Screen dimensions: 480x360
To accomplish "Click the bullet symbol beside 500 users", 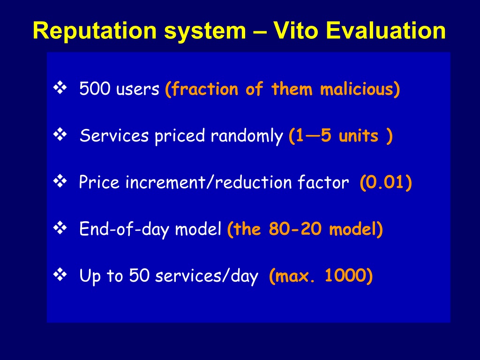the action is coord(60,88).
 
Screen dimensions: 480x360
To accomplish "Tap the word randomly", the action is coord(247,136).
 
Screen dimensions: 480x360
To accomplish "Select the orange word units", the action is coord(359,136).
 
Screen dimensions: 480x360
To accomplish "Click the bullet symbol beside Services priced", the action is coord(60,135).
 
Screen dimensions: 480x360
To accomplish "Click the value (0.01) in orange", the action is coord(386,182).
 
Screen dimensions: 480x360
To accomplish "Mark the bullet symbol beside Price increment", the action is coord(60,181).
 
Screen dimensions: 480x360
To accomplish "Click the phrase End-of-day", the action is coord(124,229).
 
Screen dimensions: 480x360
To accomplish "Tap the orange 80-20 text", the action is coord(295,229).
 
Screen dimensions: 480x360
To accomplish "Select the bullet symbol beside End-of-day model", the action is coord(60,228).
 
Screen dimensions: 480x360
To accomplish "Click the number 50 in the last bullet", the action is coord(139,275).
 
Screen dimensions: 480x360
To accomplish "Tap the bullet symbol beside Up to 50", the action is coord(60,274).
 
